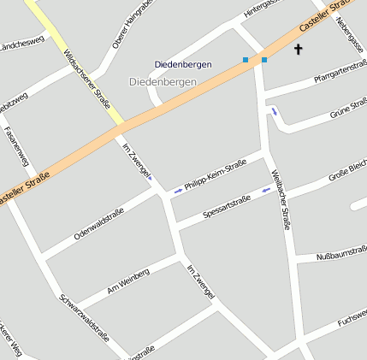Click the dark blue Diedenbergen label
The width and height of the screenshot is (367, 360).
(x=182, y=64)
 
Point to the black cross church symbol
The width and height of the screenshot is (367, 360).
(x=299, y=50)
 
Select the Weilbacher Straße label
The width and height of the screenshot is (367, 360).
(x=281, y=200)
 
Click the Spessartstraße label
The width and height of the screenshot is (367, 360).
(x=227, y=206)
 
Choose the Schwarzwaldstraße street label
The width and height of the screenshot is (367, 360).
(x=85, y=322)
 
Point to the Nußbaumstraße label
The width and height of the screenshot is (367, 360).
(x=341, y=256)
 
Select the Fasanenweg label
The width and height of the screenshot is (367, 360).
(x=17, y=146)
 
